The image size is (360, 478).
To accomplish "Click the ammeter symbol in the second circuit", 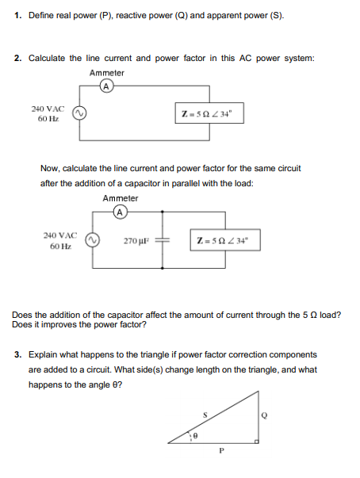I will [119, 212].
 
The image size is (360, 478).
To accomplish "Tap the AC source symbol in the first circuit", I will [79, 114].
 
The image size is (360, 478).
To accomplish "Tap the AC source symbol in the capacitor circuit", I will [93, 240].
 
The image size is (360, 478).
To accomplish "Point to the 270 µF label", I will [135, 240].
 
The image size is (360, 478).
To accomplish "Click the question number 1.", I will [18, 16].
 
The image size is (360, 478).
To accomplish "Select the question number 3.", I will [18, 354].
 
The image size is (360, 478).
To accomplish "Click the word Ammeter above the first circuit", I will [106, 73].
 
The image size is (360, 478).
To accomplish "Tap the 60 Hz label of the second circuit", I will [59, 247].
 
